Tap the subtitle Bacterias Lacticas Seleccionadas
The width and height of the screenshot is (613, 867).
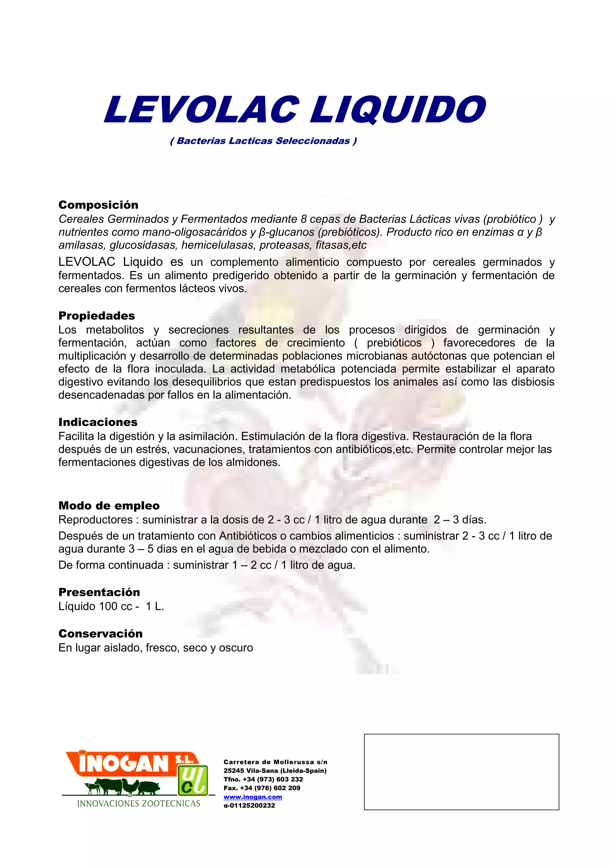[x=263, y=141]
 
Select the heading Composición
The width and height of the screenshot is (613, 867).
[x=98, y=205]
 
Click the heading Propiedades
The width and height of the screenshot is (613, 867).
[x=96, y=315]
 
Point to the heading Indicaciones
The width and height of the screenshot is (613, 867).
[x=98, y=422]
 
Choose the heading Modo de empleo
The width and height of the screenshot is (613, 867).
[x=109, y=505]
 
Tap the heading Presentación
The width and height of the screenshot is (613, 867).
[x=99, y=592]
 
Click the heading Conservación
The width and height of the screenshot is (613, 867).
[x=101, y=633]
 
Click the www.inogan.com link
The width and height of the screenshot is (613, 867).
[x=253, y=796]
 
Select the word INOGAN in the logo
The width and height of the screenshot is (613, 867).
[x=123, y=763]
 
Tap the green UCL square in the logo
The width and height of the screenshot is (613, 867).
[x=193, y=779]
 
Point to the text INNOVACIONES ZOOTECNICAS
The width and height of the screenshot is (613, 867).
[x=139, y=803]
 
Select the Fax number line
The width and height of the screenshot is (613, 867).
[x=262, y=788]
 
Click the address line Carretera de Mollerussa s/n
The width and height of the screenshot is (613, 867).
[x=275, y=762]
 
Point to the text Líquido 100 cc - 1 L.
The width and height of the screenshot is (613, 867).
[x=111, y=606]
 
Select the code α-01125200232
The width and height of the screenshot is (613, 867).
[x=249, y=805]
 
